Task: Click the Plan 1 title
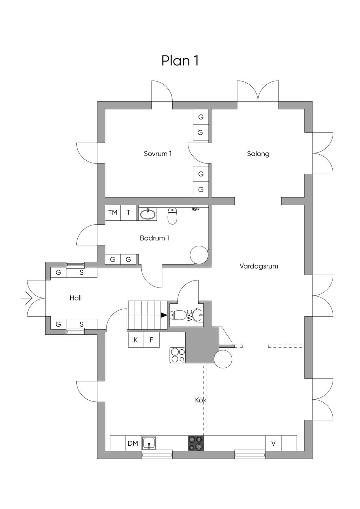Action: click(180, 60)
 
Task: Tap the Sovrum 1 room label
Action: click(158, 154)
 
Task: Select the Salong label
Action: click(258, 154)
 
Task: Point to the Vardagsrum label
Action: click(259, 266)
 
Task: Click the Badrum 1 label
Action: click(155, 238)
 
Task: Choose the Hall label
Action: click(76, 298)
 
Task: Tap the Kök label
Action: click(200, 400)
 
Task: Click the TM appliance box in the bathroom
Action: click(113, 213)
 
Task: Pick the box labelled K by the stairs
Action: click(136, 340)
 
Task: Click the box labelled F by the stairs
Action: click(152, 340)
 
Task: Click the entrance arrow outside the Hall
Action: click(27, 298)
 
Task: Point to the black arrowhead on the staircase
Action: click(164, 315)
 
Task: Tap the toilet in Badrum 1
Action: click(172, 215)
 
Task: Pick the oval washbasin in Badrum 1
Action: click(148, 214)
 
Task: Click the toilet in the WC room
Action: click(178, 315)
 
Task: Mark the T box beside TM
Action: click(128, 213)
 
